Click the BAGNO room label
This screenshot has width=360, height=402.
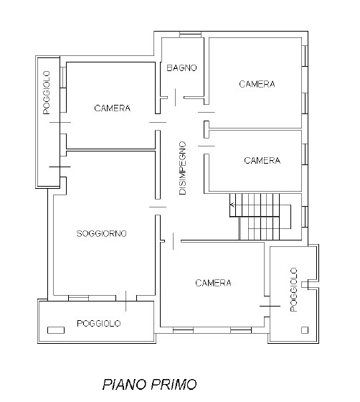(x=181, y=68)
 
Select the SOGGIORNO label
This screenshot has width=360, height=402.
(x=102, y=233)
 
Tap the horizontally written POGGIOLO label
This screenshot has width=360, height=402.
(x=98, y=324)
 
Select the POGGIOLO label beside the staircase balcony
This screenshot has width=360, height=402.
(x=293, y=289)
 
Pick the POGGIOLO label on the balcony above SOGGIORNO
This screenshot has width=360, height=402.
(x=47, y=93)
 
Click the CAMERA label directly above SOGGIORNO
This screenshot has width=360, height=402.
(x=112, y=108)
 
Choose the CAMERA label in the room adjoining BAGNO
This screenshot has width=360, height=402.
(x=257, y=84)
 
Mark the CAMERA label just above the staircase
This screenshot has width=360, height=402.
(x=262, y=160)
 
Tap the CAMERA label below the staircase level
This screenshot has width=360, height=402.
(x=213, y=283)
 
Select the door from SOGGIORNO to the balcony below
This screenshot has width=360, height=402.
(x=126, y=301)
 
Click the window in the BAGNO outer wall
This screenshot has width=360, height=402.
(x=189, y=34)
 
